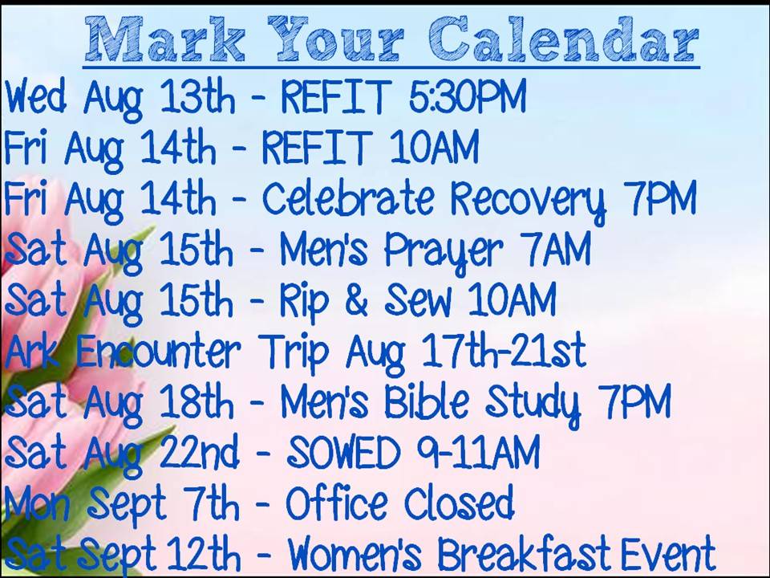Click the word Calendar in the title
click(x=563, y=39)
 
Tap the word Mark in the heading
click(x=165, y=39)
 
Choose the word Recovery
click(x=528, y=201)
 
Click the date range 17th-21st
click(x=504, y=351)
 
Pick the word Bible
click(x=427, y=401)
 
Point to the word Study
click(x=533, y=405)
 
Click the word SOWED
click(x=343, y=452)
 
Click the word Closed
click(x=459, y=503)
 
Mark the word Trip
click(x=294, y=354)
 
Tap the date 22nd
click(x=200, y=451)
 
